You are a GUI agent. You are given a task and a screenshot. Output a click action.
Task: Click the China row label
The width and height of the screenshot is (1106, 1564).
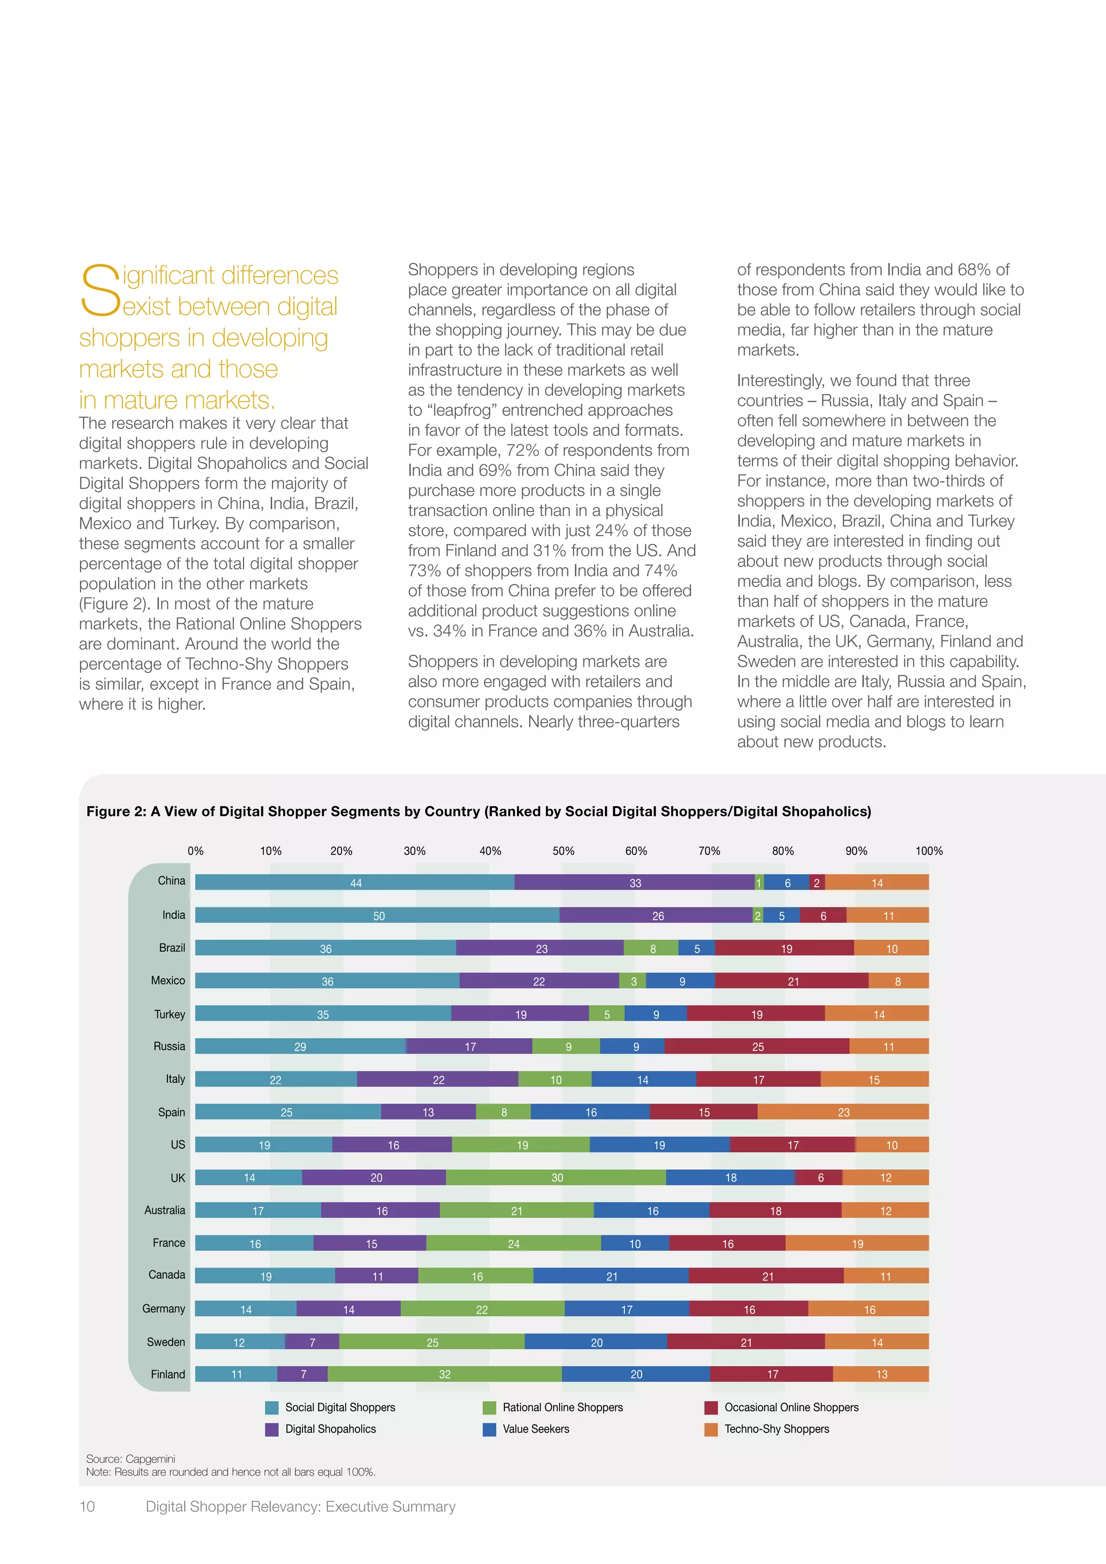pos(171,881)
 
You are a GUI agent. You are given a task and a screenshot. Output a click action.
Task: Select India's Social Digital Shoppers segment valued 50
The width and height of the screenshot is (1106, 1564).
pos(377,915)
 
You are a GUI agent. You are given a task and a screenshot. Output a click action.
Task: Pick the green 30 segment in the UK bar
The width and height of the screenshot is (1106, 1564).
pos(556,1178)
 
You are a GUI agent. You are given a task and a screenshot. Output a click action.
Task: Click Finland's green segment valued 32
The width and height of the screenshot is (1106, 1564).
pos(444,1374)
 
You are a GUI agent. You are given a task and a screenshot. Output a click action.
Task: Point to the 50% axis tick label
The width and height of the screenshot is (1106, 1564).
pos(563,851)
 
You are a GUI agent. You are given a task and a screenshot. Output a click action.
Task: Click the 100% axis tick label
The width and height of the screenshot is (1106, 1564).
pos(928,851)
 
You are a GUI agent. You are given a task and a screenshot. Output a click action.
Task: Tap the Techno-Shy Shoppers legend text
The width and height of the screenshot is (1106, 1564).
pos(777,1429)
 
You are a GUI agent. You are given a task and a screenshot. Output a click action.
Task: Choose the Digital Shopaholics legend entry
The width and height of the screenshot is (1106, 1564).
pos(331,1429)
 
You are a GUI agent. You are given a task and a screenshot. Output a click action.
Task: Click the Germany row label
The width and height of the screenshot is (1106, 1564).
pos(164,1309)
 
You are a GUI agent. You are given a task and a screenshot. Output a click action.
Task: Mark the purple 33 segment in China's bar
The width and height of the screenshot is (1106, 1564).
pos(635,883)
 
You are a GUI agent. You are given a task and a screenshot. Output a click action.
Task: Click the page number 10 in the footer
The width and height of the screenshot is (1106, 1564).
pos(87,1506)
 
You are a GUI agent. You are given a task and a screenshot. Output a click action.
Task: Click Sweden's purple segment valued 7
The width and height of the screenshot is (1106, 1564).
pos(312,1342)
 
